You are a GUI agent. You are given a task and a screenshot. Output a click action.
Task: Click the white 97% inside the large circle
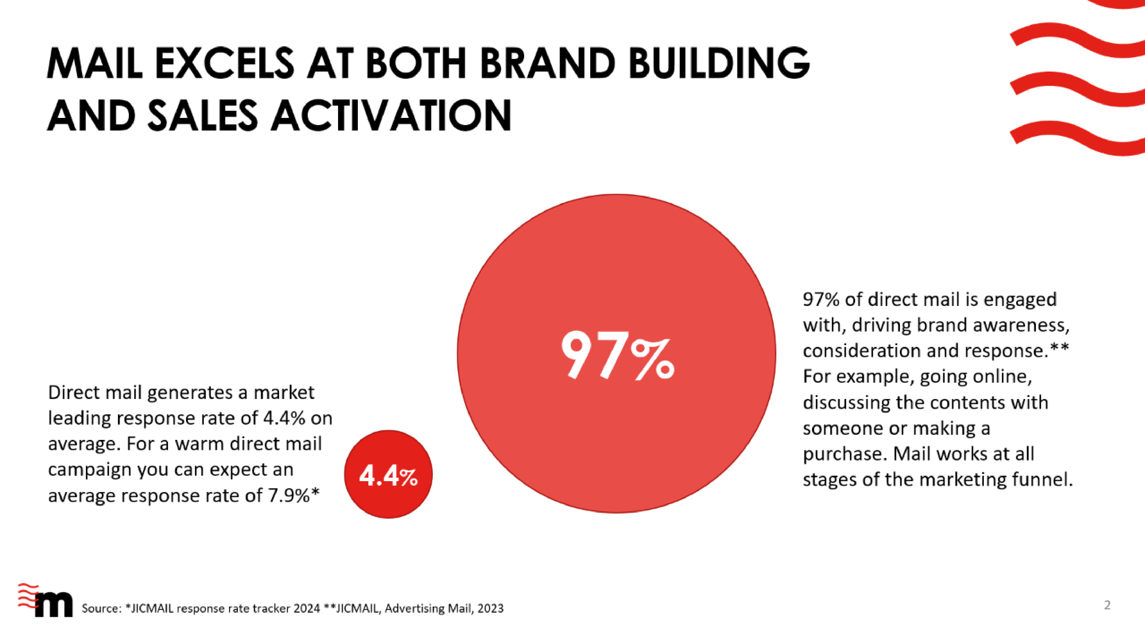[617, 355]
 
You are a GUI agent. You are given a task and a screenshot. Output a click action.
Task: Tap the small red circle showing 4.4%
[388, 474]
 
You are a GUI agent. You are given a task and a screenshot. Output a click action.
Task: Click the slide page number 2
[1107, 605]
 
